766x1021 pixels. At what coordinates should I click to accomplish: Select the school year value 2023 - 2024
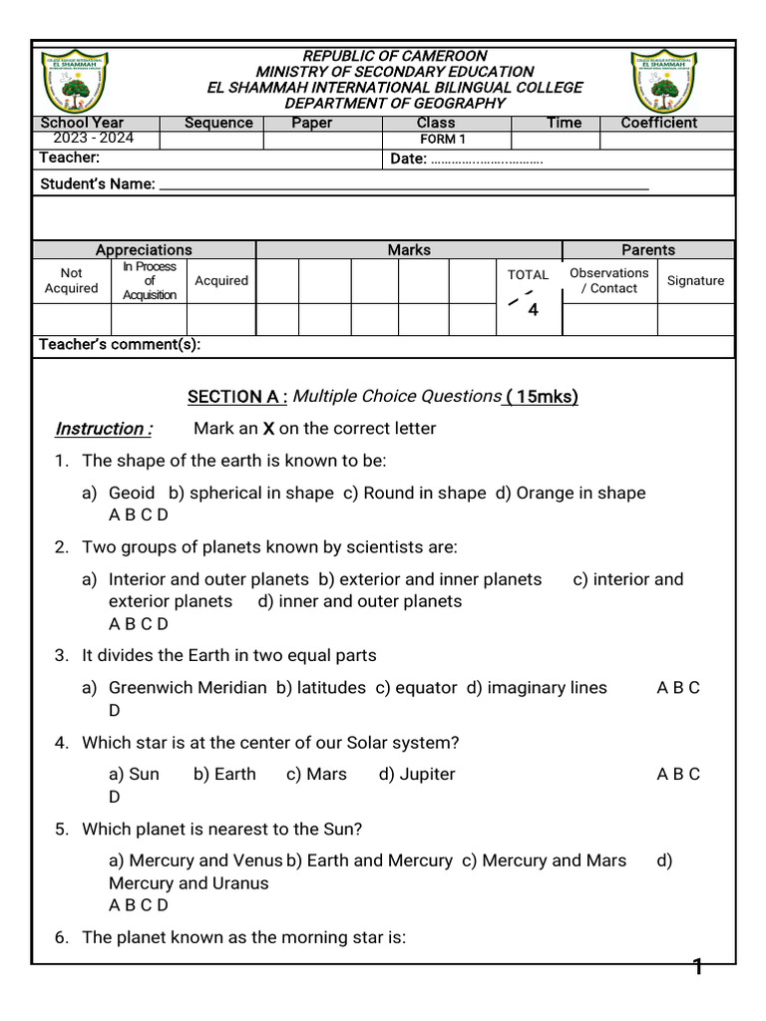(x=86, y=139)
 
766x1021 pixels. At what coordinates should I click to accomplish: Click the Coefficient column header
(x=659, y=123)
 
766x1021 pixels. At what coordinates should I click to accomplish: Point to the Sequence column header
(x=218, y=123)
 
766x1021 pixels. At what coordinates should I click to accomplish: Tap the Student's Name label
(x=97, y=183)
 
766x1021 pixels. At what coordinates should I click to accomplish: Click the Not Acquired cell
(x=72, y=280)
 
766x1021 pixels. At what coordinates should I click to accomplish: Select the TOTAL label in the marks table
(x=528, y=274)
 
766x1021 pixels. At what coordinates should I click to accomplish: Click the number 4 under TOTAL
(x=533, y=310)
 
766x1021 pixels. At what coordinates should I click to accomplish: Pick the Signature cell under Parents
(x=695, y=280)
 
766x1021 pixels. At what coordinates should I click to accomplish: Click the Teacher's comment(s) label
(x=120, y=345)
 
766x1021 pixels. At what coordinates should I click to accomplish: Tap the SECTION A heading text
(x=237, y=397)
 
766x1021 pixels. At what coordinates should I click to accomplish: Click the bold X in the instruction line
(x=267, y=429)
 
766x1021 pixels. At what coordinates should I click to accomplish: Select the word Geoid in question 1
(x=132, y=493)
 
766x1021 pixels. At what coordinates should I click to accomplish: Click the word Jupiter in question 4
(x=427, y=774)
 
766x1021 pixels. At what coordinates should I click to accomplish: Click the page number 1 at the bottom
(x=698, y=966)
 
